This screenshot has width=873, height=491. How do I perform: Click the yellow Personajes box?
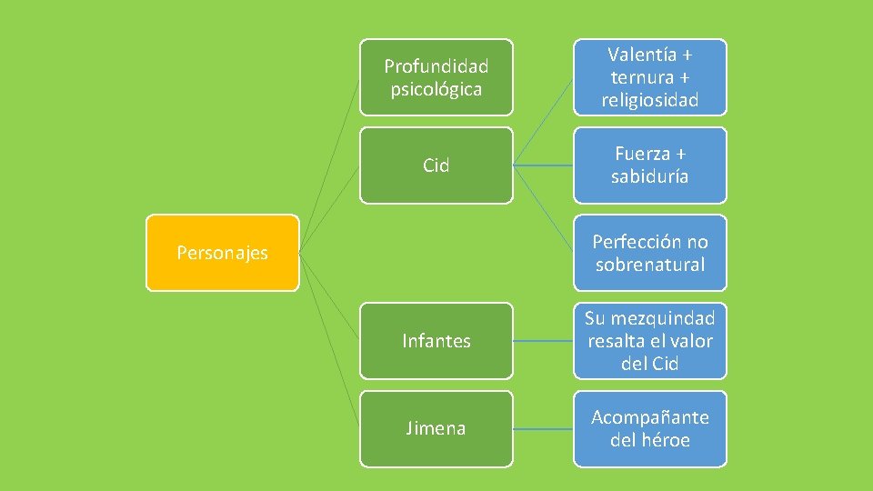(222, 253)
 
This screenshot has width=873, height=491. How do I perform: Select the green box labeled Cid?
(436, 165)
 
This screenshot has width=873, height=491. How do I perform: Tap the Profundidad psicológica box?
(436, 77)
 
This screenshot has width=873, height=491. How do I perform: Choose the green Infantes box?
(436, 341)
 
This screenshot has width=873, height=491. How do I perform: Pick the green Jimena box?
(436, 428)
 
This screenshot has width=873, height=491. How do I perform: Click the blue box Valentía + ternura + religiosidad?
(649, 77)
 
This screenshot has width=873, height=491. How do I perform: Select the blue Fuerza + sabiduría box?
(649, 165)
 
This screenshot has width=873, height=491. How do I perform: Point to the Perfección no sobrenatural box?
(649, 253)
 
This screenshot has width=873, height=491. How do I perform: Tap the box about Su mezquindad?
(649, 341)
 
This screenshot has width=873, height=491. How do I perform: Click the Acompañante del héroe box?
(649, 428)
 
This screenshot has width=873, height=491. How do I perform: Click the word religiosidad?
(649, 100)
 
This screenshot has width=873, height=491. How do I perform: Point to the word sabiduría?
(649, 176)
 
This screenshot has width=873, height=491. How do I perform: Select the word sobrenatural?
(649, 265)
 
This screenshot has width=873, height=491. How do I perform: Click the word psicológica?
(436, 89)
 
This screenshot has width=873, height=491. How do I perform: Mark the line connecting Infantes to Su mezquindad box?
(543, 341)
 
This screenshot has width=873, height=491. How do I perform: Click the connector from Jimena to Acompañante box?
(543, 428)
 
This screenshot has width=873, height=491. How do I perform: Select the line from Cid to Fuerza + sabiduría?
(543, 165)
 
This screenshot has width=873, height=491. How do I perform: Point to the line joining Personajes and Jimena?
(329, 341)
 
